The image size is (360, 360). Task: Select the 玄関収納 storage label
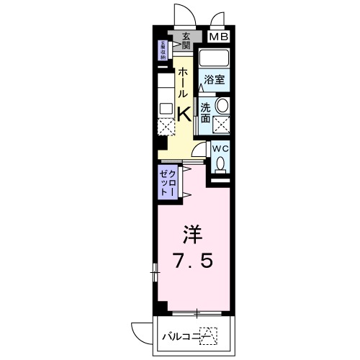point(163,50)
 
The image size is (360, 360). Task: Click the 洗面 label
point(206,112)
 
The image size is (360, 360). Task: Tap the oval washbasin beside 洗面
point(222,107)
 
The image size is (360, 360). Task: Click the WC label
point(220,149)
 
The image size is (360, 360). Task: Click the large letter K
point(184,113)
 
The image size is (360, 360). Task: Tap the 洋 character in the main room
point(192,234)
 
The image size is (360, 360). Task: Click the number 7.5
point(192,260)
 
